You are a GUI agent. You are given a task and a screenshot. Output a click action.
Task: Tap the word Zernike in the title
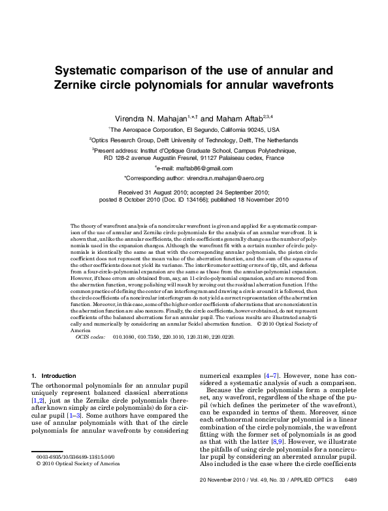(80, 85)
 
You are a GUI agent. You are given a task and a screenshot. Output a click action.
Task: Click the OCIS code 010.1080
(123, 337)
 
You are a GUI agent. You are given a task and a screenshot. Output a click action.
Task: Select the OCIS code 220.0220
(221, 337)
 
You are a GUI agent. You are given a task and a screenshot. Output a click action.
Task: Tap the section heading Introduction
(59, 376)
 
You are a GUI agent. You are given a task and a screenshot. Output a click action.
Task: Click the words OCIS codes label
(90, 337)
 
